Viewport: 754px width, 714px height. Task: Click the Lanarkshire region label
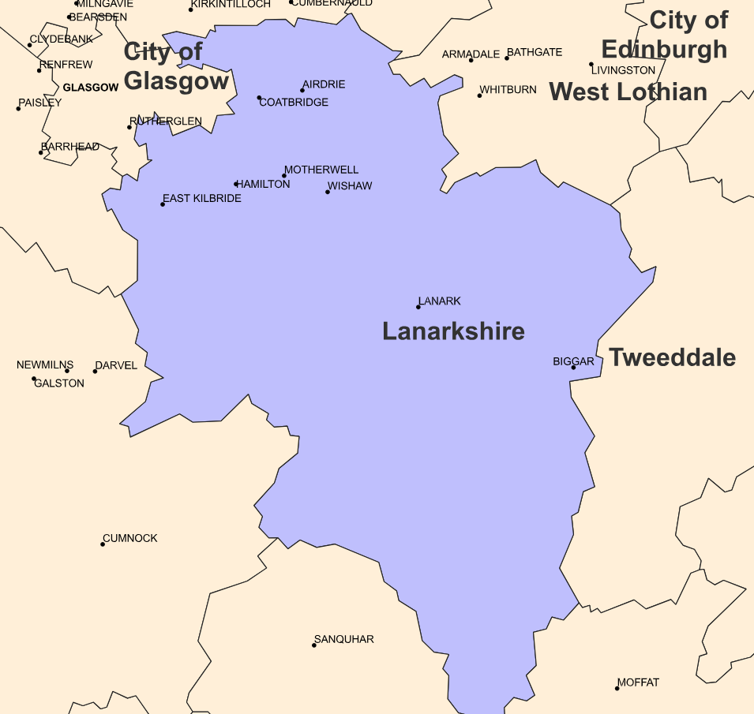(x=453, y=331)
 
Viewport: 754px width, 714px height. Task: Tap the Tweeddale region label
(x=672, y=357)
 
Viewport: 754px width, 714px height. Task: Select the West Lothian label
(x=628, y=92)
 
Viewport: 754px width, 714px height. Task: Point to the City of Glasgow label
(x=176, y=66)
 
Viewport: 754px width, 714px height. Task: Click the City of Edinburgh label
(x=665, y=35)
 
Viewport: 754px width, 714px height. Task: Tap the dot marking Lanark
(x=418, y=307)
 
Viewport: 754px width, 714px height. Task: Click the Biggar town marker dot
(x=573, y=368)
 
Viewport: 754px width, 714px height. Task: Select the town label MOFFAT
(x=638, y=682)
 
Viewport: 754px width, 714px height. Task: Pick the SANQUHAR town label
(x=344, y=639)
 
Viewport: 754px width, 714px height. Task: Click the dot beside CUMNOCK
(x=103, y=544)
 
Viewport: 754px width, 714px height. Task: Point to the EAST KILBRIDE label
(x=202, y=198)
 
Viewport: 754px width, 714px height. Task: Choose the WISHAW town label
(x=350, y=186)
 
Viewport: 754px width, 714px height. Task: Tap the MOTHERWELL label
(x=321, y=170)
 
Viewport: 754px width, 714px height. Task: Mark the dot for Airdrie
(x=302, y=90)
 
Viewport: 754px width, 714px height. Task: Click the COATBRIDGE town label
(x=294, y=103)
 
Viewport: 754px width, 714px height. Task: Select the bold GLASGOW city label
(x=90, y=88)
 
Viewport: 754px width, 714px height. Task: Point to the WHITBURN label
(x=508, y=90)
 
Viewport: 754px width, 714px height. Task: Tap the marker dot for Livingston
(x=591, y=65)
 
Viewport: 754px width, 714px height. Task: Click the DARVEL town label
(x=116, y=366)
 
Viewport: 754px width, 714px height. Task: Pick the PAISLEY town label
(x=40, y=103)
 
